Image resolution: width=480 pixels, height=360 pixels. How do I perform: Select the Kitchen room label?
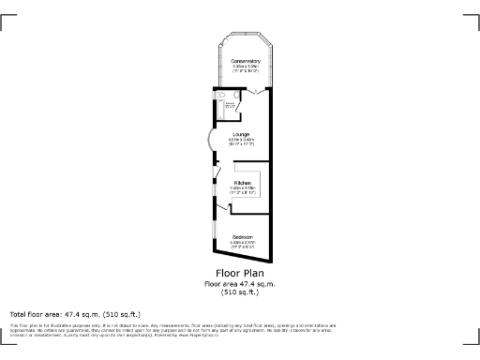pyautogui.click(x=243, y=183)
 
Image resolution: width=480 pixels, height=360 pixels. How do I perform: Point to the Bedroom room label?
pyautogui.click(x=242, y=236)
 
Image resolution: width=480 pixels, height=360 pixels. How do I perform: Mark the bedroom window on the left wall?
pyautogui.click(x=214, y=239)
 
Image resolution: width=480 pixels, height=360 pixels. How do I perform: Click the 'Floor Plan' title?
pyautogui.click(x=240, y=275)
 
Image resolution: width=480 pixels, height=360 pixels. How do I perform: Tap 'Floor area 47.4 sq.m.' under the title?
pyautogui.click(x=240, y=284)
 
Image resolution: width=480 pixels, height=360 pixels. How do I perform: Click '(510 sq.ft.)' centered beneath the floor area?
pyautogui.click(x=240, y=292)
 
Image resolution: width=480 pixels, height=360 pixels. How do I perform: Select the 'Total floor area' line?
pyautogui.click(x=75, y=314)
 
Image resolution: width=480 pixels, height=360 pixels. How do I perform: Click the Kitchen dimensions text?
pyautogui.click(x=243, y=189)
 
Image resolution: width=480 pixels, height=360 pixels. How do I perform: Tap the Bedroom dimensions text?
pyautogui.click(x=242, y=244)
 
